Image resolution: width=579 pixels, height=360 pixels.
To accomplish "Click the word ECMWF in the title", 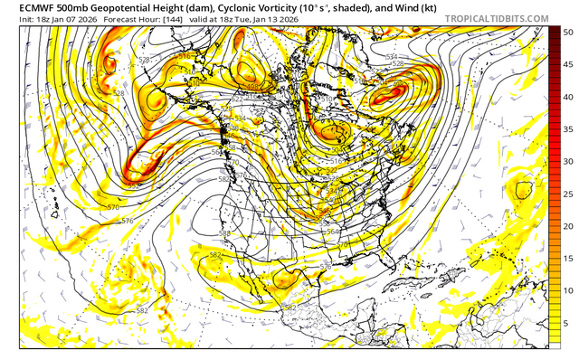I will coord(24,6).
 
